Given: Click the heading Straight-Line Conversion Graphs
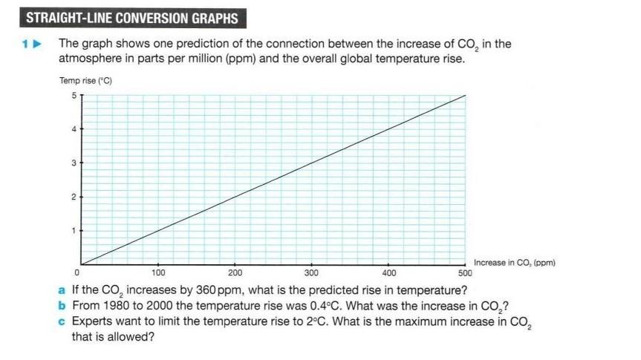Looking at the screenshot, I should point(132,19).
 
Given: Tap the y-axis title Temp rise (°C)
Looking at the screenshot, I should point(85,80).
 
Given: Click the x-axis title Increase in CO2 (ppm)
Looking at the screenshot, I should point(514,262).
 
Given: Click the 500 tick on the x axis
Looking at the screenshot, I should point(464,273).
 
